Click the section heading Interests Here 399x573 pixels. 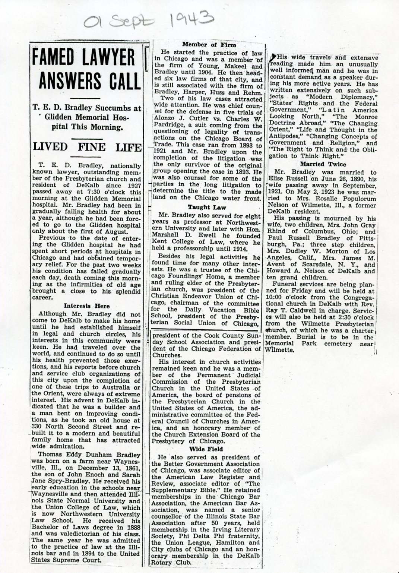87,306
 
